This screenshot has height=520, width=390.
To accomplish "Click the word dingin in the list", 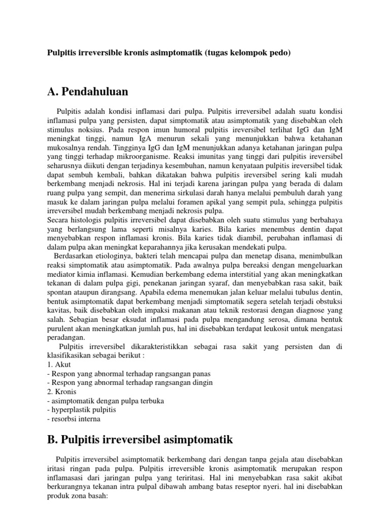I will point(201,382).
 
